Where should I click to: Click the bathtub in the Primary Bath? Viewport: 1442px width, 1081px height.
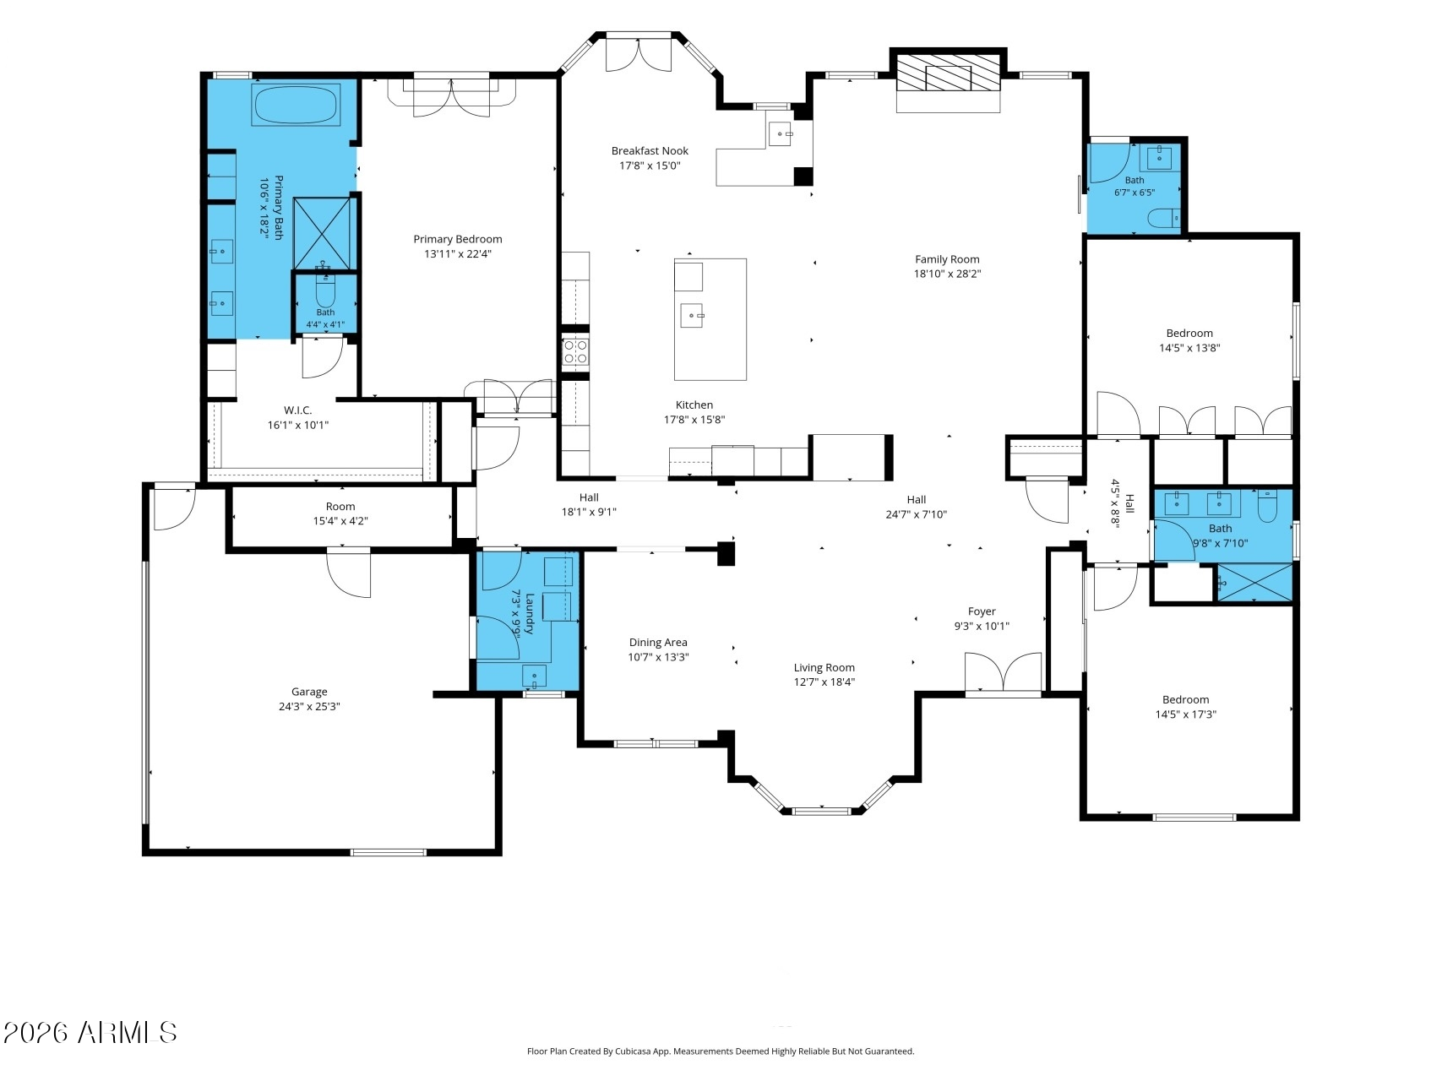tap(296, 105)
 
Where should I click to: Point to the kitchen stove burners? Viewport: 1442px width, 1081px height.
tap(575, 351)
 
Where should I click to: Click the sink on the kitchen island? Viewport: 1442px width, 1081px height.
tap(692, 316)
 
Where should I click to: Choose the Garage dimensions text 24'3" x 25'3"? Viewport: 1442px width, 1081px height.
tap(309, 707)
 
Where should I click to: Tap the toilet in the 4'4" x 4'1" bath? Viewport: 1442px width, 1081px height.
tap(325, 287)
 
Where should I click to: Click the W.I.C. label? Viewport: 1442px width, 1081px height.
tap(297, 410)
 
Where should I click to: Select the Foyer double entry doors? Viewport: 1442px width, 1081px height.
tap(1004, 674)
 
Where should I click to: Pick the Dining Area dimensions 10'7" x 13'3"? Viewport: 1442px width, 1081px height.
tap(658, 657)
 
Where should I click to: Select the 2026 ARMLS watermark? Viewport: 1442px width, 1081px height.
tap(90, 1033)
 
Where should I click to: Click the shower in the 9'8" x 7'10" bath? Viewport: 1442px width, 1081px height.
tap(1254, 583)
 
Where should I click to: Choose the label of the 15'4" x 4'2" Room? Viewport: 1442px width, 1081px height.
tap(340, 507)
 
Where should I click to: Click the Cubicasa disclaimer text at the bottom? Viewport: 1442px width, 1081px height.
tap(721, 1051)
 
